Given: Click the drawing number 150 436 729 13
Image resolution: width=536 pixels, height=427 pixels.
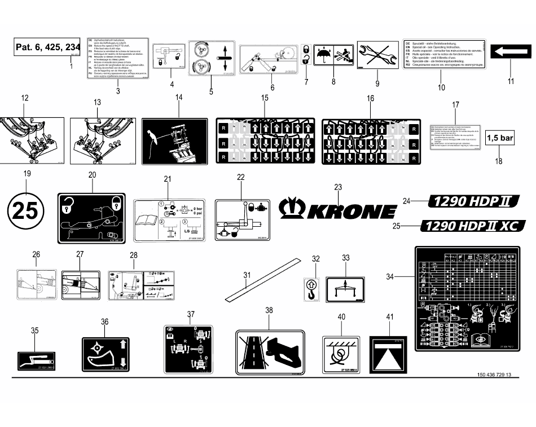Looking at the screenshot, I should (x=494, y=375).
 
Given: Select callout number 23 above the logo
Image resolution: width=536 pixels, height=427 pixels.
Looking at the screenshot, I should (x=338, y=187).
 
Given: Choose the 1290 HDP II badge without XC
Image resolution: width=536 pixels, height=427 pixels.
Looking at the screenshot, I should (x=473, y=201).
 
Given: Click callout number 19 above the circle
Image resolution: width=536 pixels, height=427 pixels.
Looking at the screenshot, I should (x=25, y=174).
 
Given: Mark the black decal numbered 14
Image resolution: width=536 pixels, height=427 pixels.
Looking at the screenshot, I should (x=175, y=141).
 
